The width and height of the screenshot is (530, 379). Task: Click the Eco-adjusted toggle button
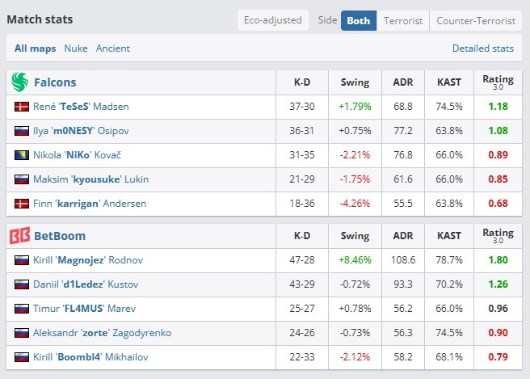pos(273,20)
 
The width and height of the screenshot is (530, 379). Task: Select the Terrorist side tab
pos(403,21)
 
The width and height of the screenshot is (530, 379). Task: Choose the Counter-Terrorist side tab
pos(476,21)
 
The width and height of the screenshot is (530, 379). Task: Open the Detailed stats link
pos(482,48)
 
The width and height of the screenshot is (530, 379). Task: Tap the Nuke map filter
pos(76,48)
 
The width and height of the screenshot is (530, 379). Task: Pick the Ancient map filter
pos(112,48)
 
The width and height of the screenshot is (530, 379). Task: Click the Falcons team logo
pos(19,82)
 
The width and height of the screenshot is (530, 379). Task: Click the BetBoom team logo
pos(19,236)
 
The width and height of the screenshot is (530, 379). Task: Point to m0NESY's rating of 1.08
pos(498,131)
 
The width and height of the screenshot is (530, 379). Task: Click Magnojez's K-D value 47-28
pos(302,260)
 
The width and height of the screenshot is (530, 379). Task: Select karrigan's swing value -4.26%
pos(355,204)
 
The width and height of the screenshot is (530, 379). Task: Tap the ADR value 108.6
pos(403,260)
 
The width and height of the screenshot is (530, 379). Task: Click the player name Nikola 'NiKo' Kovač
pos(77,155)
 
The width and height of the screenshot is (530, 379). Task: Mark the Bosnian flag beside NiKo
pos(22,155)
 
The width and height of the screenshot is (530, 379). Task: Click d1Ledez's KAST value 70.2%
pos(449,284)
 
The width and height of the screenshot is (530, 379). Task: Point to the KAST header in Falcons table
pos(449,82)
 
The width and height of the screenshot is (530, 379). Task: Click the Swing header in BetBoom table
pos(355,236)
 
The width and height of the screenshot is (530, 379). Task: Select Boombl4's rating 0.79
pos(498,357)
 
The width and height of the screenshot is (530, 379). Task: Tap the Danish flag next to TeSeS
pos(22,107)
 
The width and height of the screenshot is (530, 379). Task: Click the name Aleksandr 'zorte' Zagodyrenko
pos(102,333)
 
